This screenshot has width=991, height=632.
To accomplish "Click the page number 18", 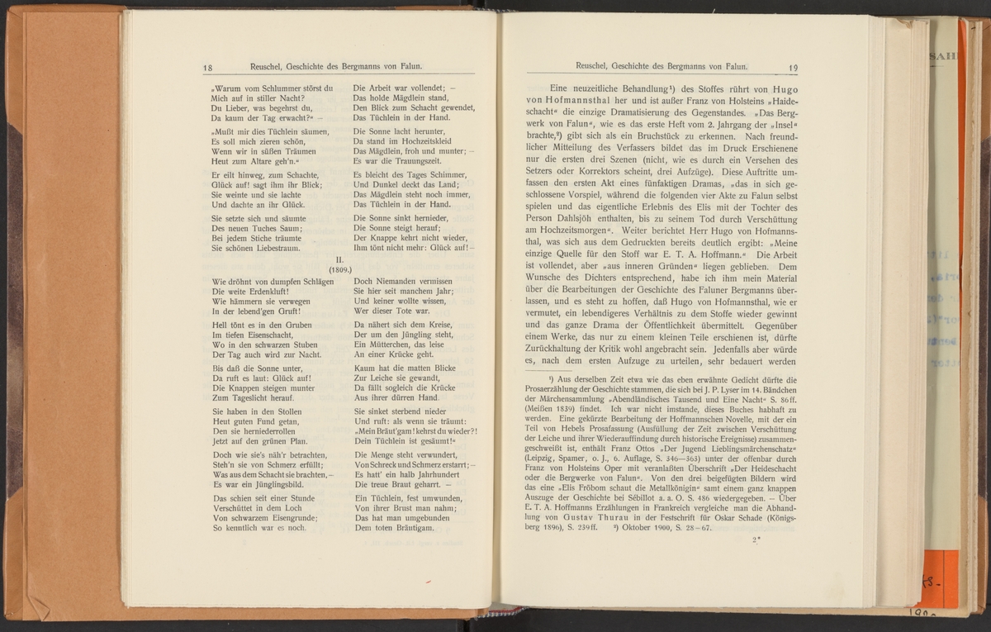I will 207,69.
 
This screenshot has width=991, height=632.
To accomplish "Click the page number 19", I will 794,68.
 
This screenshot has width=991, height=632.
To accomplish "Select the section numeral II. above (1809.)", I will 340,259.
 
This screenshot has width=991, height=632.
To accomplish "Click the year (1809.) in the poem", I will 340,269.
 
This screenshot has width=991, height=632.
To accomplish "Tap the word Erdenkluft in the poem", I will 261,293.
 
